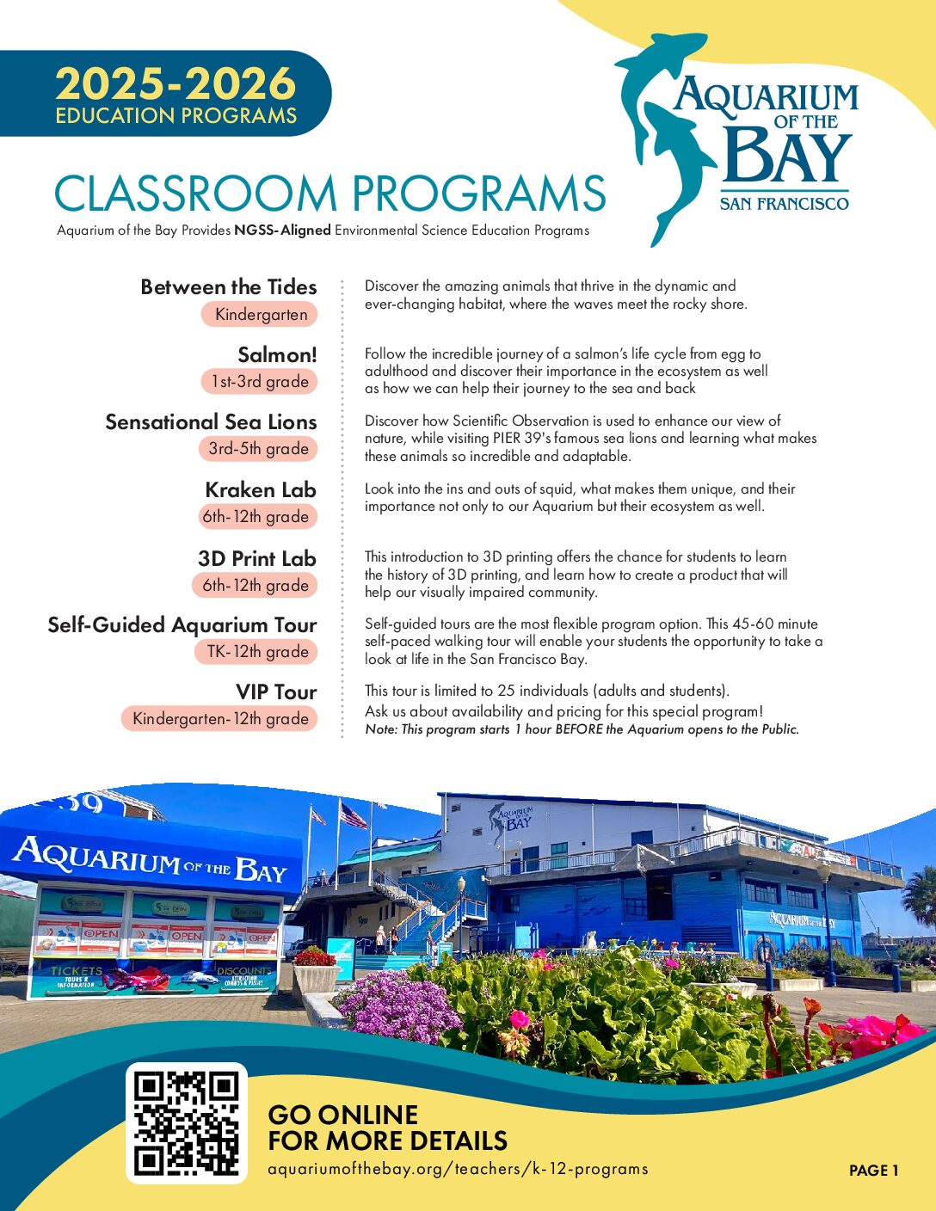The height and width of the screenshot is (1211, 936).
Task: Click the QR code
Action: click(x=187, y=1123)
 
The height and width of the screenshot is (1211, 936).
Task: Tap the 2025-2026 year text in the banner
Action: click(x=175, y=84)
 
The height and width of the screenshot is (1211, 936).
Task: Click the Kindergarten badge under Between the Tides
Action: click(x=260, y=315)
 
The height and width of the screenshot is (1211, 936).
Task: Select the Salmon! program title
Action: click(x=277, y=354)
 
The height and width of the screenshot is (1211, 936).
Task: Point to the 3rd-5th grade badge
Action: click(x=258, y=449)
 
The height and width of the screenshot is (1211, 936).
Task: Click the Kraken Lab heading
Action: click(x=261, y=490)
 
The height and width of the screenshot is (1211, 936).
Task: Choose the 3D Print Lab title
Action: click(x=257, y=558)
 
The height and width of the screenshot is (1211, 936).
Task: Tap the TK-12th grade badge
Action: click(x=257, y=652)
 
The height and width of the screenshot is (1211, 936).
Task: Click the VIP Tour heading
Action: click(x=276, y=692)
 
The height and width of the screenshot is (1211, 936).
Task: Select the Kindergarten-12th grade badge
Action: click(x=220, y=719)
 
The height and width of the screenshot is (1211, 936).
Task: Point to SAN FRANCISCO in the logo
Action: click(x=784, y=204)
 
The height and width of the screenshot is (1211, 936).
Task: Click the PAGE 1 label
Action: click(x=873, y=1171)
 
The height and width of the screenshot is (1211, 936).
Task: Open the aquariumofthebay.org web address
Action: click(x=458, y=1169)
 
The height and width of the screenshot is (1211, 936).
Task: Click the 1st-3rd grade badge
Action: click(x=259, y=382)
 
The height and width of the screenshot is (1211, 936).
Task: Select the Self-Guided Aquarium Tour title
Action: click(x=182, y=625)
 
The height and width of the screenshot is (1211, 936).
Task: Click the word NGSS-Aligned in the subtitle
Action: click(x=282, y=231)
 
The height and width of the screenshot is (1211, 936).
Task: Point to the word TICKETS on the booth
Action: click(x=77, y=970)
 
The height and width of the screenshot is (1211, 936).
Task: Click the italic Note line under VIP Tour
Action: click(x=582, y=729)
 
